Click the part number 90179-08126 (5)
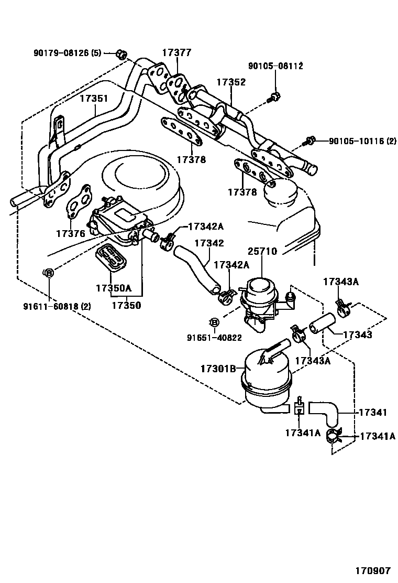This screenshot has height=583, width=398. [67, 53]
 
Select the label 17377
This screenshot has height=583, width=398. [176, 53]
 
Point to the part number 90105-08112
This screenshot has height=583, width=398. [275, 66]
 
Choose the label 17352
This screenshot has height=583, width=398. [231, 82]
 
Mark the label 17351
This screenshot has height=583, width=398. [94, 98]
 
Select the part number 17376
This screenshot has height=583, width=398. [70, 233]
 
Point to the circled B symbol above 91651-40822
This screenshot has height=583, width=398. [214, 321]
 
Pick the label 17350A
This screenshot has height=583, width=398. [113, 288]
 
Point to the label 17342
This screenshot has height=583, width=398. [209, 243]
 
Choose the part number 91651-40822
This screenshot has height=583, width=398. [214, 338]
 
